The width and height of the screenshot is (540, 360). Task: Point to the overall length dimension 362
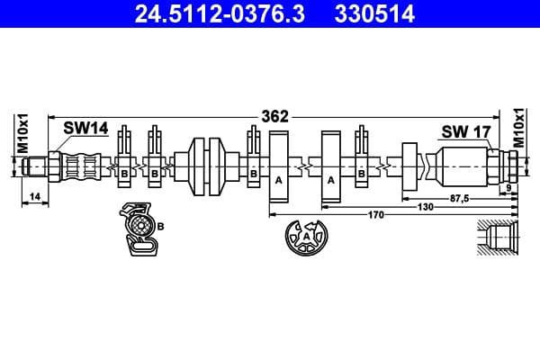pyautogui.click(x=274, y=116)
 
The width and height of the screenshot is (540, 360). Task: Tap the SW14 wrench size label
pyautogui.click(x=85, y=130)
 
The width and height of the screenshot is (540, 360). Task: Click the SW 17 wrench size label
pyautogui.click(x=465, y=131)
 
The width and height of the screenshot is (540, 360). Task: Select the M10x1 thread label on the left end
pyautogui.click(x=24, y=133)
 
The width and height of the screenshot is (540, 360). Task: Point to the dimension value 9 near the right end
pyautogui.click(x=509, y=186)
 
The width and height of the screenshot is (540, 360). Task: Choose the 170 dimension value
pyautogui.click(x=376, y=215)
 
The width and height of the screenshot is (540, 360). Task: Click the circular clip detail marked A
pyautogui.click(x=307, y=238)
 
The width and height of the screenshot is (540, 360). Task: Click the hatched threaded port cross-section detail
pyautogui.click(x=499, y=239)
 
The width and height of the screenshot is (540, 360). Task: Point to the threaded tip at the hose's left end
pyautogui.click(x=35, y=166)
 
